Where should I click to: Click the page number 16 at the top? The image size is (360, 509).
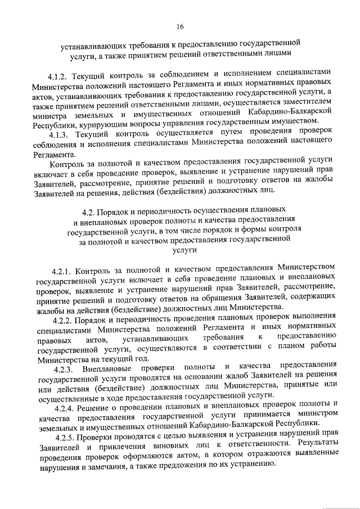coord(179,26)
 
